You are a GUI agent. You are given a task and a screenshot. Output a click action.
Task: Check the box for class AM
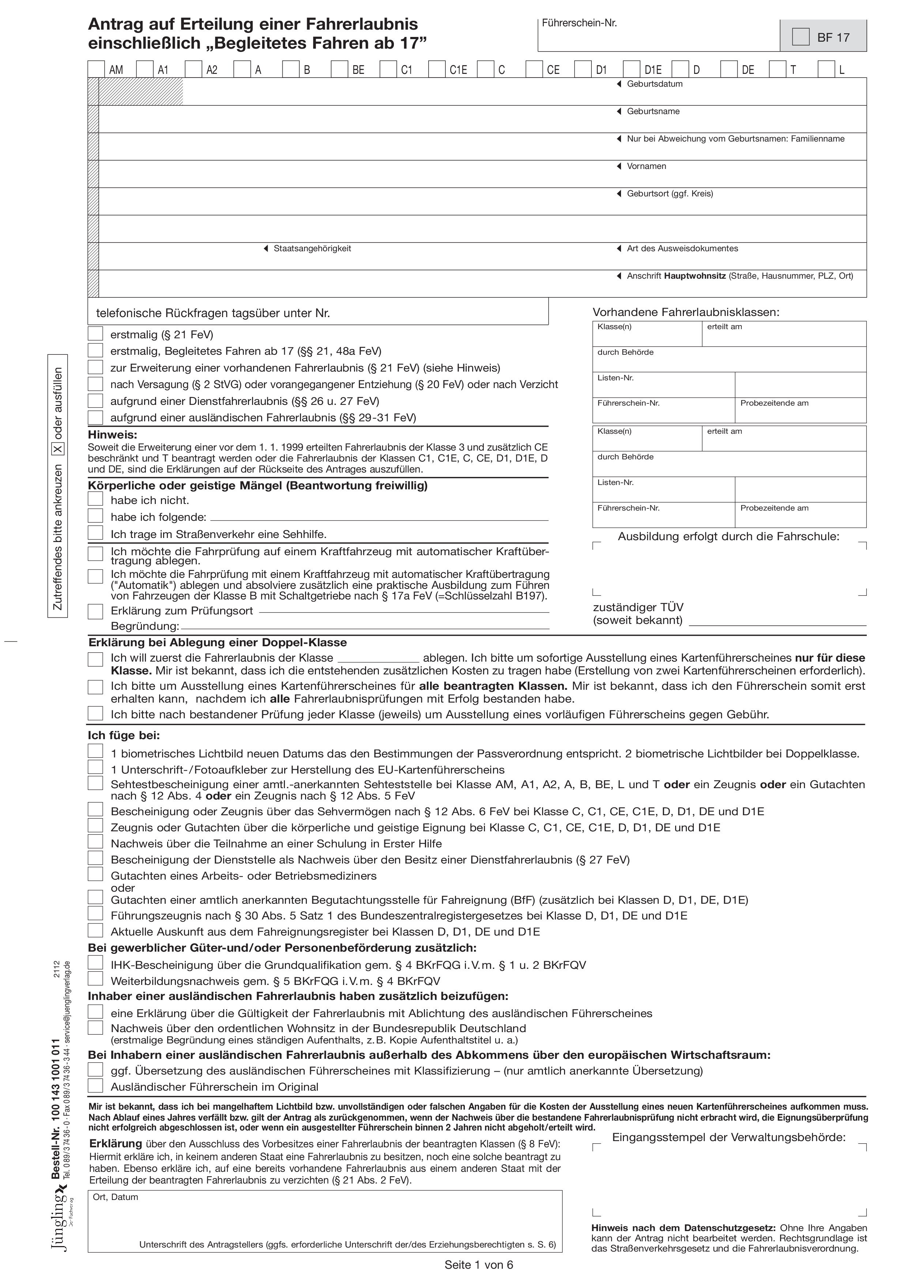(x=96, y=69)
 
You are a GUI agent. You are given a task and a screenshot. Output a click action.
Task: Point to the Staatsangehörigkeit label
(x=312, y=249)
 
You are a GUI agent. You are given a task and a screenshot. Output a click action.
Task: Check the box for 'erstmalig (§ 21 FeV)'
(x=95, y=334)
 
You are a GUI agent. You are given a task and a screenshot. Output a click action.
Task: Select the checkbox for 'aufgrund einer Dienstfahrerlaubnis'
(x=95, y=400)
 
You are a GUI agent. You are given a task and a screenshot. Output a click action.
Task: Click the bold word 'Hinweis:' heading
(x=112, y=435)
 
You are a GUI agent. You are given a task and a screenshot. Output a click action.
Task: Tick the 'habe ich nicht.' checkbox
(x=95, y=499)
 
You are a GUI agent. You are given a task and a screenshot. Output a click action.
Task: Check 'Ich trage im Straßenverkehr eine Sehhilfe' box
(x=95, y=533)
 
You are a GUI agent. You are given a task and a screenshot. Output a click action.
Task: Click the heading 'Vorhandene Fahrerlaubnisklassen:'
(x=686, y=312)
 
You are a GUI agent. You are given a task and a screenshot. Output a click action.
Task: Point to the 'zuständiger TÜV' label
(x=637, y=607)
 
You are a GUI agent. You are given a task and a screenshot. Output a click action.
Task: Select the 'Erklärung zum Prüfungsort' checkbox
(x=95, y=611)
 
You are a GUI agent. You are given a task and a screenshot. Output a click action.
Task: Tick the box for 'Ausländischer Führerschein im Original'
(x=95, y=1086)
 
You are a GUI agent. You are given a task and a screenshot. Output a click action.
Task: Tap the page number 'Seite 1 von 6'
(x=478, y=1265)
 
